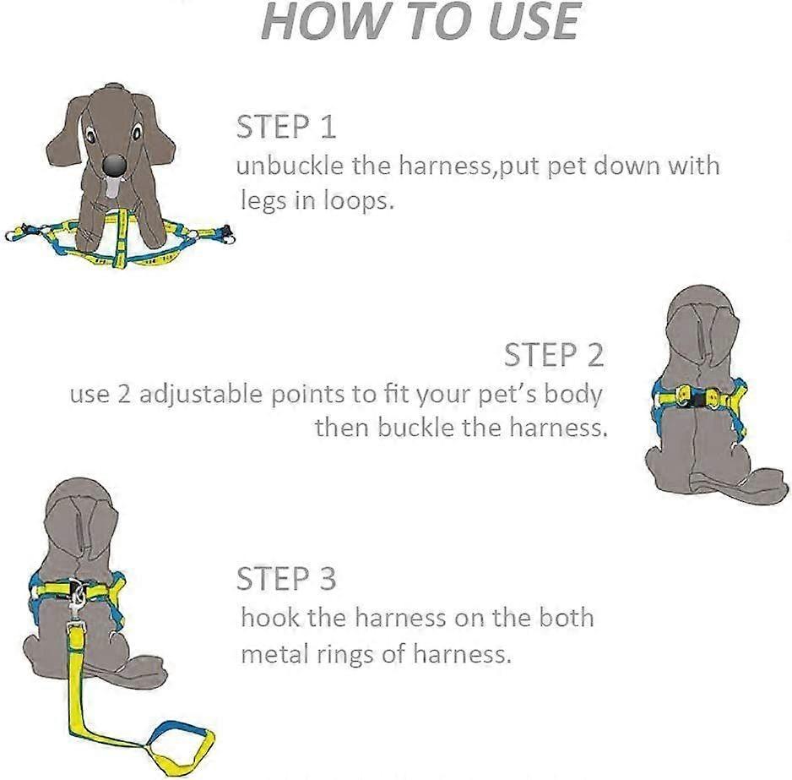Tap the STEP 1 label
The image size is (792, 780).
[286, 127]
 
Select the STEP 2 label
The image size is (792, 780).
[554, 355]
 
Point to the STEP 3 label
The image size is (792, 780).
[286, 579]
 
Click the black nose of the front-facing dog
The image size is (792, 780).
[114, 165]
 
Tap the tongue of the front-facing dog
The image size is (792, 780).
[112, 188]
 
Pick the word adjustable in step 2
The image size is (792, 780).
[202, 395]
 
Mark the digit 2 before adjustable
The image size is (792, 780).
[124, 395]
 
